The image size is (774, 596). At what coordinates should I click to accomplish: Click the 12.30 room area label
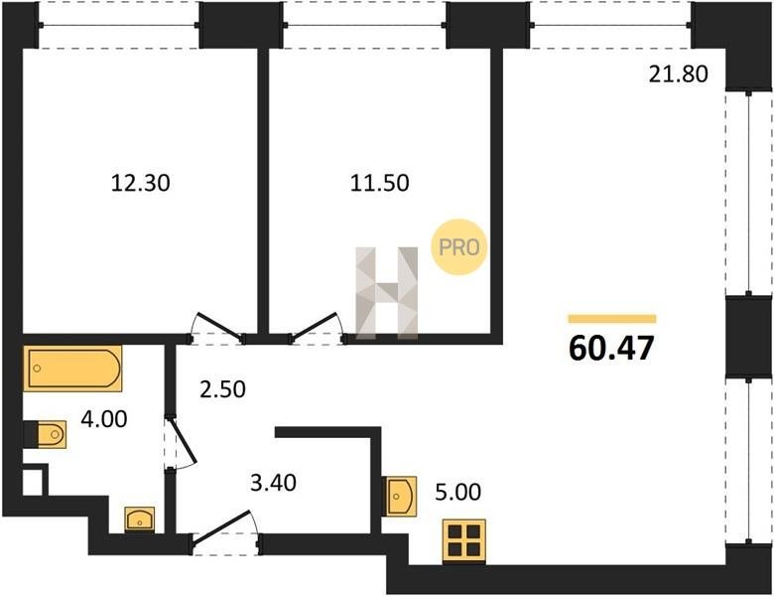click(x=141, y=183)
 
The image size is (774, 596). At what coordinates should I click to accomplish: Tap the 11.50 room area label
click(x=380, y=183)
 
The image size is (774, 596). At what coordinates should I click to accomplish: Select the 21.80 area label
click(x=678, y=74)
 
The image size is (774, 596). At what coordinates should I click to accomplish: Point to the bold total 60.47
click(x=611, y=348)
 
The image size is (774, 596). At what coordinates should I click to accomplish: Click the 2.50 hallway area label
click(x=222, y=389)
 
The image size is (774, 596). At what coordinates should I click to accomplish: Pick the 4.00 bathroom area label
click(x=104, y=419)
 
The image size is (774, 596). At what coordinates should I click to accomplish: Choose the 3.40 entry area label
click(x=274, y=483)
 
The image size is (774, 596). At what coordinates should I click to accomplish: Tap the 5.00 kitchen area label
click(x=458, y=493)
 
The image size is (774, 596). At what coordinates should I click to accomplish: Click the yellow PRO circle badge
click(x=459, y=247)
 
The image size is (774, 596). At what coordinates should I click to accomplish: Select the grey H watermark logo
click(x=387, y=293)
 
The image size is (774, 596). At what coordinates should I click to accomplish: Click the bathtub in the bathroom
click(x=72, y=369)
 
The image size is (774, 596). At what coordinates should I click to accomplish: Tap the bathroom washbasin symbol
click(x=140, y=520)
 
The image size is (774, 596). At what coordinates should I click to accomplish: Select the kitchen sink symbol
click(x=401, y=496)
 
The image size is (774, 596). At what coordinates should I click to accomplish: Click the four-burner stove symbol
click(x=464, y=541)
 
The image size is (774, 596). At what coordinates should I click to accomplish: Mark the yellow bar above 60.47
click(x=612, y=319)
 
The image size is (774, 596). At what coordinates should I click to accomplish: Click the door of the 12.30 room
click(x=219, y=327)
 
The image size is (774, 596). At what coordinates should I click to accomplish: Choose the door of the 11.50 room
click(x=316, y=326)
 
